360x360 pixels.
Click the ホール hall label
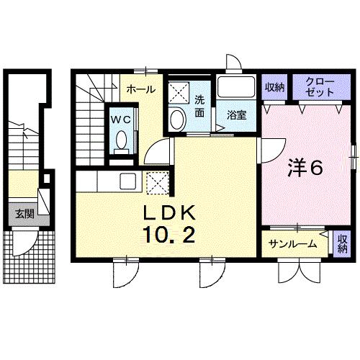pos(138,89)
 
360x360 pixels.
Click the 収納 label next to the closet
pos(274,88)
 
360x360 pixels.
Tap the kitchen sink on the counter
pos(127,181)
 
